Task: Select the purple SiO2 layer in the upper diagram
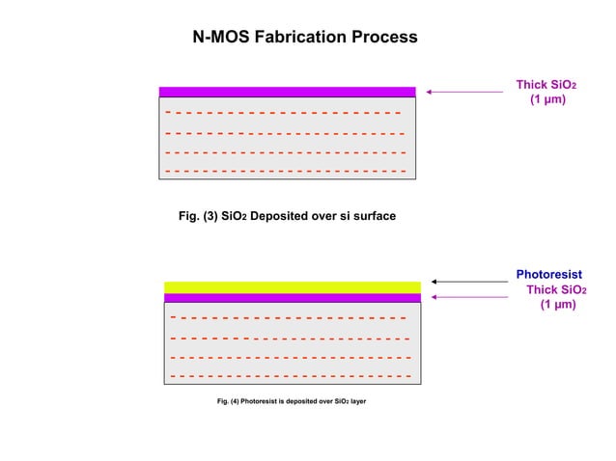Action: (287, 92)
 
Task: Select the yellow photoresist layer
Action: (293, 287)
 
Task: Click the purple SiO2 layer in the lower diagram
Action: (293, 298)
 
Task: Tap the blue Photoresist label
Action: (547, 275)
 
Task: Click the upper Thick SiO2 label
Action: (546, 85)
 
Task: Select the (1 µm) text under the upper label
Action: (547, 100)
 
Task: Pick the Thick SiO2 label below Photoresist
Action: (556, 289)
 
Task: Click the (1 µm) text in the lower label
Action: (557, 305)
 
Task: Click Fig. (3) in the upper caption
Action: (199, 217)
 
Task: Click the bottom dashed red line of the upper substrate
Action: (286, 171)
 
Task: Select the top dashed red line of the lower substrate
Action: (288, 316)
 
